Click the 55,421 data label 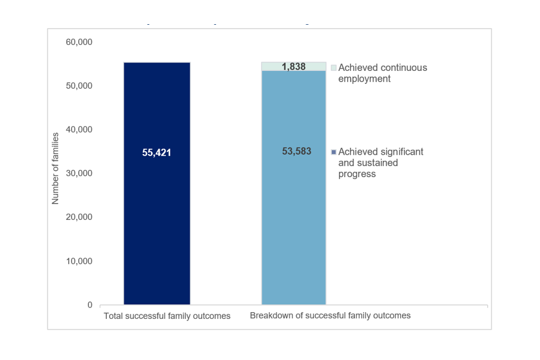156,152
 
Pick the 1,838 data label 294,67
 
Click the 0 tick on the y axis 89,305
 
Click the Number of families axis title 55,169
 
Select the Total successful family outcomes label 167,316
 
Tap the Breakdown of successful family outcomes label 330,316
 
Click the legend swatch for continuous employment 334,67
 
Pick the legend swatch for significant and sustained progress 334,152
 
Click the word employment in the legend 364,79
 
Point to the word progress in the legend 357,174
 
